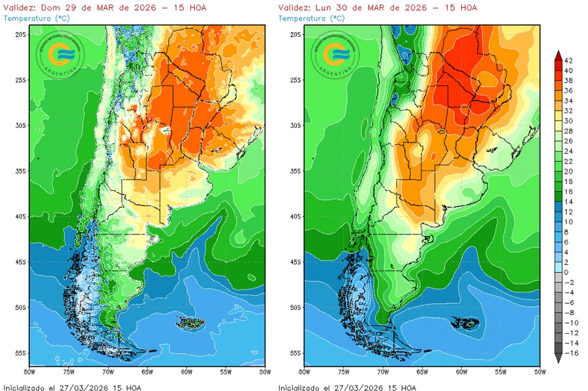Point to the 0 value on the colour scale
[566, 272]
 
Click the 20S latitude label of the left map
[21, 34]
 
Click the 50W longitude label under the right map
[539, 371]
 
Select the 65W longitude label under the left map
[147, 371]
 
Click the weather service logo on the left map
[60, 55]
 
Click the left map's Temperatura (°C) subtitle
[35, 18]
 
